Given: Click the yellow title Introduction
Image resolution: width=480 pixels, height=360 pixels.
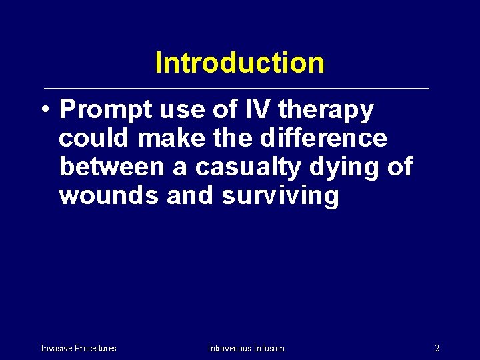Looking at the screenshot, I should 239,63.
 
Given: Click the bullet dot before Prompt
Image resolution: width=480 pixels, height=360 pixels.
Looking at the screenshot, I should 43,111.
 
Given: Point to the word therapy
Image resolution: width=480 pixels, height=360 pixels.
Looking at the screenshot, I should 327,111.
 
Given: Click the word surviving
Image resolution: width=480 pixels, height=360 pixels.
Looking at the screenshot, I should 280,197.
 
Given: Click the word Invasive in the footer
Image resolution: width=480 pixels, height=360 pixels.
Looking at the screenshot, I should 57,348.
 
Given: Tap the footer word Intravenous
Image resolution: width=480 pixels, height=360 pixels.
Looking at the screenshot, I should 229,348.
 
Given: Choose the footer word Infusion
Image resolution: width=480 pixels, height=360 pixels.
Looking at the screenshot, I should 269,348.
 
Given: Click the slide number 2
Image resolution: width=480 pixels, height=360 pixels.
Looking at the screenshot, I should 437,348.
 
